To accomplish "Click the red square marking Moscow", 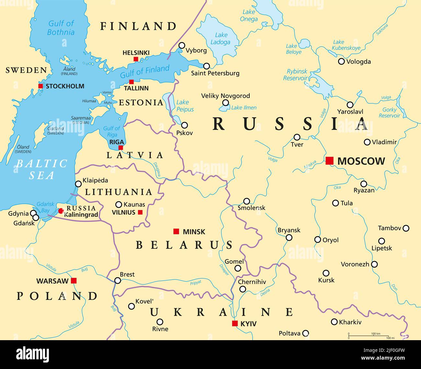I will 329,161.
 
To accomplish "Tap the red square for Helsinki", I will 136,59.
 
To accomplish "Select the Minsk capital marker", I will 176,231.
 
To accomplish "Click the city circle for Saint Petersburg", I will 206,66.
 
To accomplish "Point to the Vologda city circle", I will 341,62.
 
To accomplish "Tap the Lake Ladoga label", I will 221,39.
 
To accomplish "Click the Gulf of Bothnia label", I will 61,28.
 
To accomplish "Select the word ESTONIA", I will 141,103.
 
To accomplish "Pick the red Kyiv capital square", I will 235,323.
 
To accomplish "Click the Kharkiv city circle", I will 334,322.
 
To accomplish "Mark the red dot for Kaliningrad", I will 61,211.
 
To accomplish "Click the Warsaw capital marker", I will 74,281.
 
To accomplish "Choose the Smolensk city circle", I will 246,201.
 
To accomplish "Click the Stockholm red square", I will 40,86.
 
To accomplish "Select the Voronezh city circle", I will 374,264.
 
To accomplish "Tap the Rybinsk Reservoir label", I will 295,75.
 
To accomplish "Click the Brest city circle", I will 118,281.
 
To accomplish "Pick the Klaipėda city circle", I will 78,184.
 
